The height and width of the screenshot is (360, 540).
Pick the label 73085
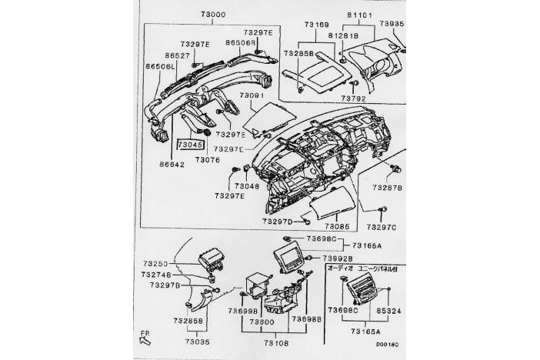(336, 227)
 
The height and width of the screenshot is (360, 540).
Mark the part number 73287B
(388, 187)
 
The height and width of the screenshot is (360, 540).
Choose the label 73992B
(338, 258)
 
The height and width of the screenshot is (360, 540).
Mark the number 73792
(353, 98)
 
